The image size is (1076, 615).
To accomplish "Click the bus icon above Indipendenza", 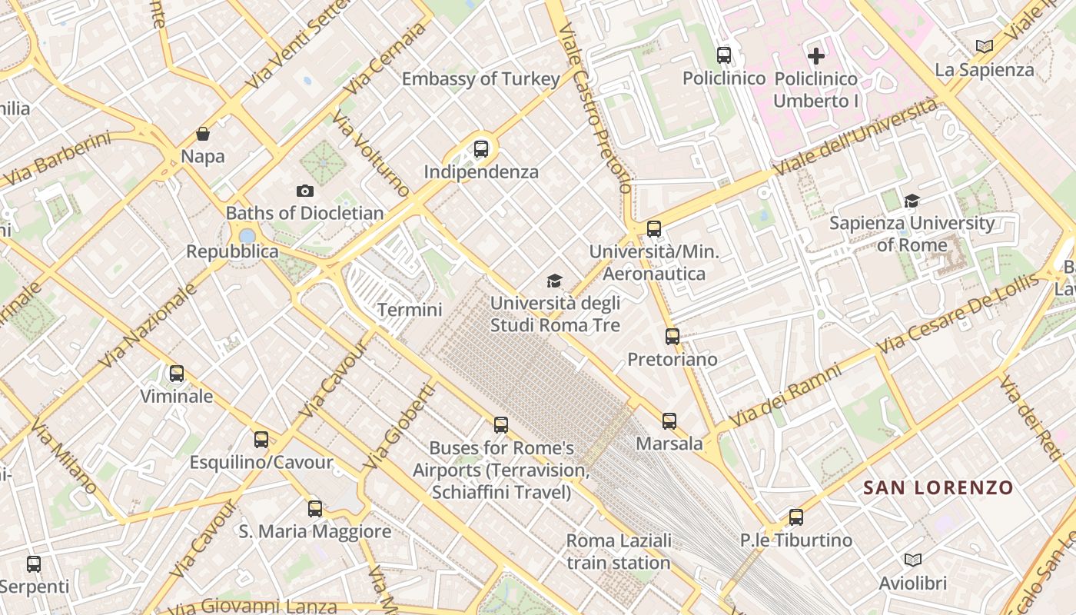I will coord(481,149).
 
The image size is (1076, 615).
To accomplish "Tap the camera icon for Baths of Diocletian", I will coord(305,191).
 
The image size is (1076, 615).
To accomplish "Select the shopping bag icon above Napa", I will coord(203,135).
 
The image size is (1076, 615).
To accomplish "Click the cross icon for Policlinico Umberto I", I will coord(816,55).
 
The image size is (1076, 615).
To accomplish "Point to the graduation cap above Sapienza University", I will coord(912,201).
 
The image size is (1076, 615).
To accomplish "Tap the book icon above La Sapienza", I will coord(985,46).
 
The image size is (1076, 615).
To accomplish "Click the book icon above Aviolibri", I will coord(913,560).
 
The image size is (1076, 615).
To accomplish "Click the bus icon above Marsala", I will coord(669,421).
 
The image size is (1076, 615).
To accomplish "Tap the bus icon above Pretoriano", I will coord(672,336).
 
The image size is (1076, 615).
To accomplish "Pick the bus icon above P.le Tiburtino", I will coord(796,517).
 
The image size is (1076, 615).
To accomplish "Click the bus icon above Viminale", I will coord(177,374).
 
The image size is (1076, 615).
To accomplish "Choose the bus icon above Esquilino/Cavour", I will coord(261,440).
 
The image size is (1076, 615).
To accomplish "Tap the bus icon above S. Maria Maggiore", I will coord(315,508).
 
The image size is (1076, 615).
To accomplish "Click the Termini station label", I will coord(410,310).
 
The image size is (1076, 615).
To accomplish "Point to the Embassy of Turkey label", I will coord(481,78).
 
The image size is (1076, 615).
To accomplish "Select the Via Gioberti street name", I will coord(399,428).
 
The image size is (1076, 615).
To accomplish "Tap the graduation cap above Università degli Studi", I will coord(554,281).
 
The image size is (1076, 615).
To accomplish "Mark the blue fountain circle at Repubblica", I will coord(247,236).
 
